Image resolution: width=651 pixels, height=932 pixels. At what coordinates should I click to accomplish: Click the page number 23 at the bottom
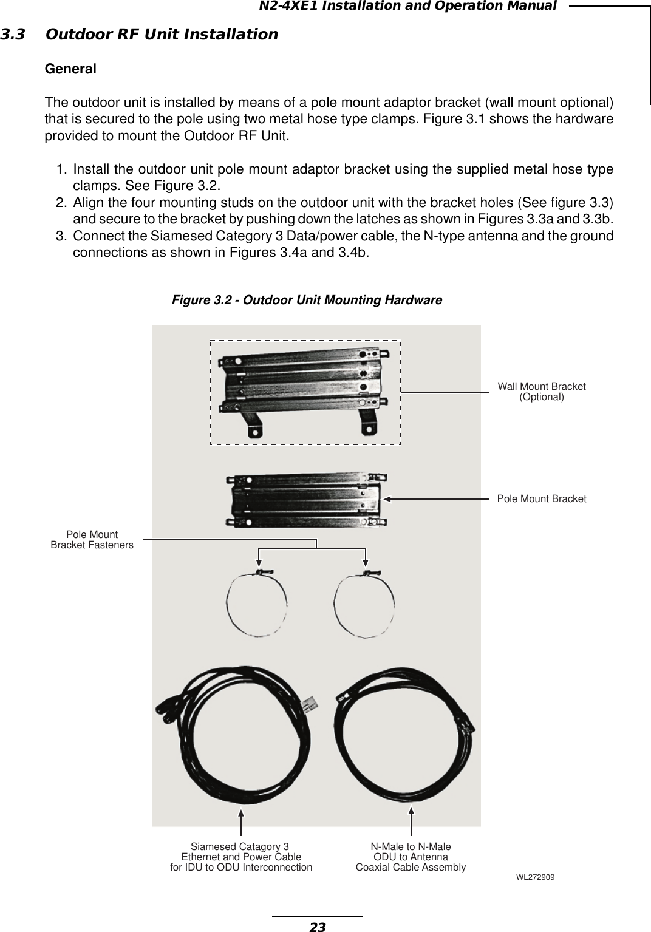click(317, 927)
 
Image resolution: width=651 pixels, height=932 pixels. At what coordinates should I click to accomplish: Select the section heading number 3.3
click(13, 34)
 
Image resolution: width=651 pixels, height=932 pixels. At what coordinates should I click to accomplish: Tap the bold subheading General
click(70, 69)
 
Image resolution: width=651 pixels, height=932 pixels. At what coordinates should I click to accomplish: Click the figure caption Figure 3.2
click(307, 300)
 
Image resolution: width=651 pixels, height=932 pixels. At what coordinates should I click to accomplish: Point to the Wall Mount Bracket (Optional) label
click(542, 392)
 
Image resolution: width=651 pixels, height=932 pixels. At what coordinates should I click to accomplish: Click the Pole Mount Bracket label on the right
click(542, 498)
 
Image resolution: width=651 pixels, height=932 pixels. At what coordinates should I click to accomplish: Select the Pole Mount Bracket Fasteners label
click(92, 540)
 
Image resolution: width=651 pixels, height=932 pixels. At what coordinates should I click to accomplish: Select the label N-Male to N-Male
click(411, 846)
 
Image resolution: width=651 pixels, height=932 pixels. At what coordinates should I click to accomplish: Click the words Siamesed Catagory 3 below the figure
click(240, 846)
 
